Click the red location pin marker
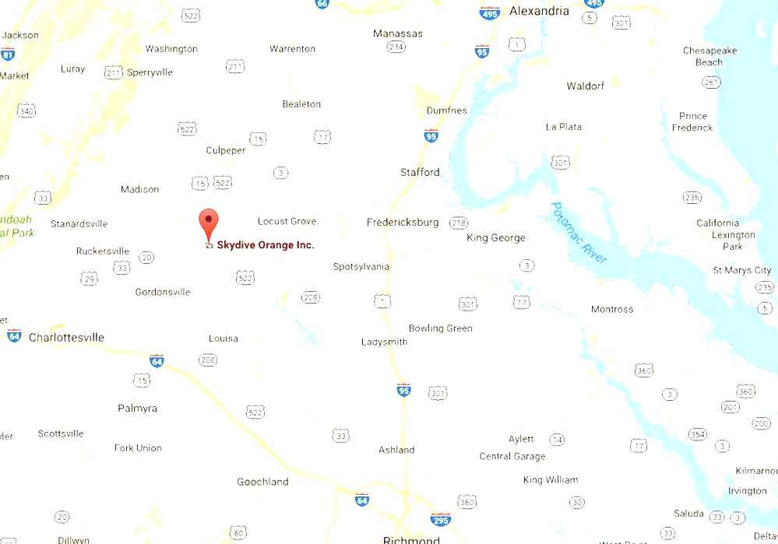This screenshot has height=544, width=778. pyautogui.click(x=208, y=223)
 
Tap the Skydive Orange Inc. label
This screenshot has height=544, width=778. pyautogui.click(x=266, y=245)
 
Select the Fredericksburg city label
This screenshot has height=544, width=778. pyautogui.click(x=403, y=223)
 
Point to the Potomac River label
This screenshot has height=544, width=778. pyautogui.click(x=578, y=233)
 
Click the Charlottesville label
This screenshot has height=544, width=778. pyautogui.click(x=66, y=338)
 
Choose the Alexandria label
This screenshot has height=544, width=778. pyautogui.click(x=539, y=12)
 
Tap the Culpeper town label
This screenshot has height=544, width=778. pyautogui.click(x=226, y=150)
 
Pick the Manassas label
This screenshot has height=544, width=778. pyautogui.click(x=398, y=33)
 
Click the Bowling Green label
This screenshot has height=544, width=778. pyautogui.click(x=441, y=328)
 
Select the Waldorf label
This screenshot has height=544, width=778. pyautogui.click(x=586, y=86)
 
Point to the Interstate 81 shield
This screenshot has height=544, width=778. pyautogui.click(x=8, y=54)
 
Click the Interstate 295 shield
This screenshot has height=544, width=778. pyautogui.click(x=440, y=519)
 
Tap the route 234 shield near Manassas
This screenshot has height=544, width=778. pyautogui.click(x=396, y=47)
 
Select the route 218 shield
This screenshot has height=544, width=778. pyautogui.click(x=459, y=223)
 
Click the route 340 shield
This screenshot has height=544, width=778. pyautogui.click(x=26, y=111)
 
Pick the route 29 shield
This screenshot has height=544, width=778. pyautogui.click(x=90, y=279)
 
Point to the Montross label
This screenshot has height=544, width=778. pyautogui.click(x=612, y=310)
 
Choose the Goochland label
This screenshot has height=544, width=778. pyautogui.click(x=262, y=482)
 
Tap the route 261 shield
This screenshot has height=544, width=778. pyautogui.click(x=710, y=82)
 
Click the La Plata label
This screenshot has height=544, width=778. pyautogui.click(x=564, y=127)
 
